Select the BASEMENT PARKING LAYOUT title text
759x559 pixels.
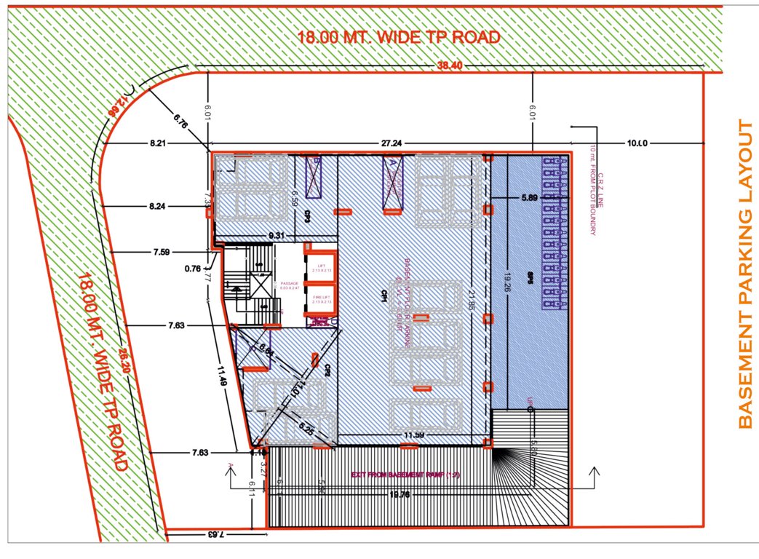pos(744,274)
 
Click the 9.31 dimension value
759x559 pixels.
pos(276,235)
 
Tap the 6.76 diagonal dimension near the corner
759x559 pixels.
pos(181,124)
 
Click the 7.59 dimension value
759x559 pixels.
pos(160,253)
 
